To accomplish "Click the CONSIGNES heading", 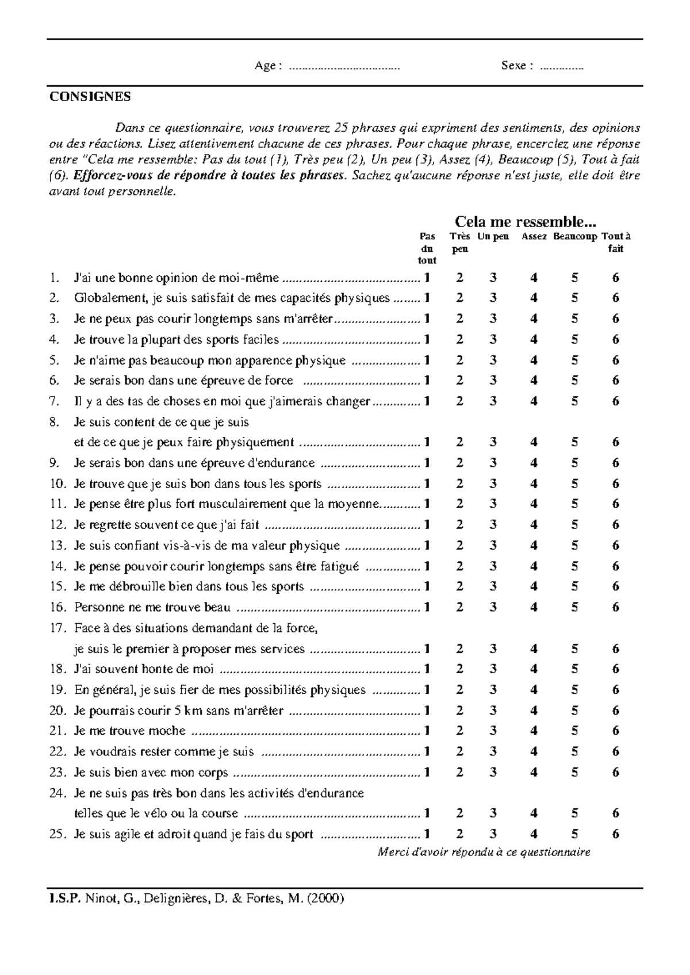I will tap(90, 97).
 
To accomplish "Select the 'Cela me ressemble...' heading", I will tap(526, 222).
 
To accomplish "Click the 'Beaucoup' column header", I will tap(575, 237).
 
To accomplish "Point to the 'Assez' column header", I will tap(534, 237).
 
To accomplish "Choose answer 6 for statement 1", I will tap(616, 278).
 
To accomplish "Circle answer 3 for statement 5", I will tap(493, 360).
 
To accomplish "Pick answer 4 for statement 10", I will tap(534, 484).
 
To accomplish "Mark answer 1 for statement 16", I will tap(427, 608).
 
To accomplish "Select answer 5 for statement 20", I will tap(575, 711).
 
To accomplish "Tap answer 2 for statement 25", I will tap(459, 834).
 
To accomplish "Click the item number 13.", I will tap(58, 546).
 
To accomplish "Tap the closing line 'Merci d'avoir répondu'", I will tap(484, 853).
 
